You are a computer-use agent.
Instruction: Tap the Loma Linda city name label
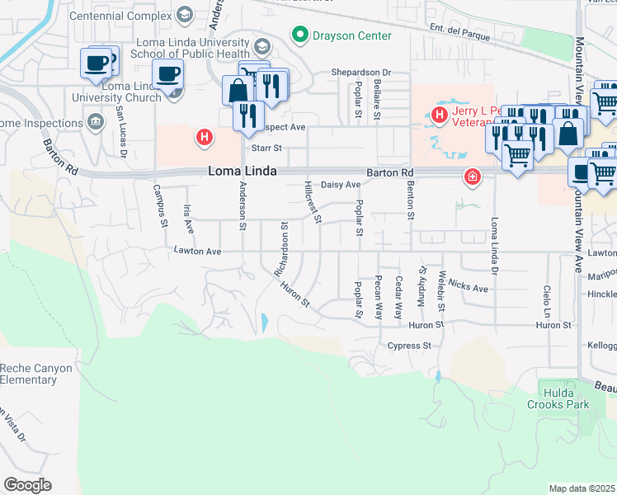click(x=239, y=171)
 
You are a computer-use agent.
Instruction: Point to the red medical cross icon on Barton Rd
click(x=471, y=176)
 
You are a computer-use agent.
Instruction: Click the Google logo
click(x=27, y=485)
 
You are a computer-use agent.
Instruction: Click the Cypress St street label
click(x=410, y=346)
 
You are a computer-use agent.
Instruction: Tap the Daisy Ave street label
click(x=341, y=185)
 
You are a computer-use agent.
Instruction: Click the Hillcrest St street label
click(x=312, y=201)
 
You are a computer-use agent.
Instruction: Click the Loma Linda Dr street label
click(x=495, y=246)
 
